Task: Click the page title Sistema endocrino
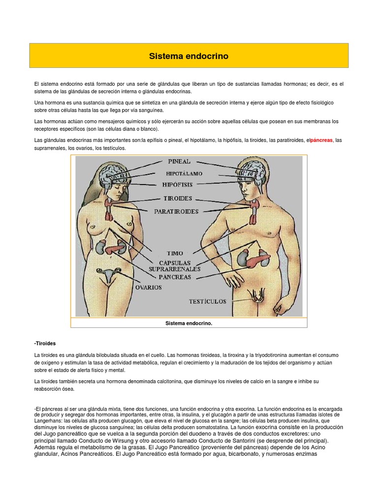tap(189, 56)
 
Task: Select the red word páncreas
tap(321, 140)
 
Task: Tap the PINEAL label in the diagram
tap(179, 161)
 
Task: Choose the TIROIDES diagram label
tap(178, 199)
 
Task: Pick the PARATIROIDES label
tap(176, 212)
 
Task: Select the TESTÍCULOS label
tap(208, 301)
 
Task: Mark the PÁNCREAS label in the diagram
tap(174, 277)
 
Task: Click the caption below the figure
tap(189, 323)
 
